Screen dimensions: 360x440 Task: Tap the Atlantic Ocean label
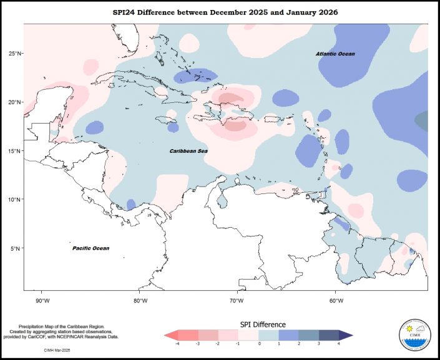(x=335, y=54)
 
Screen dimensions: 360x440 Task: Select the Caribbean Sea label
(x=189, y=151)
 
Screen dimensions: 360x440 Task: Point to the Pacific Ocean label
(x=90, y=248)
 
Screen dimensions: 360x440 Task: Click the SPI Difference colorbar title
(x=263, y=325)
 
